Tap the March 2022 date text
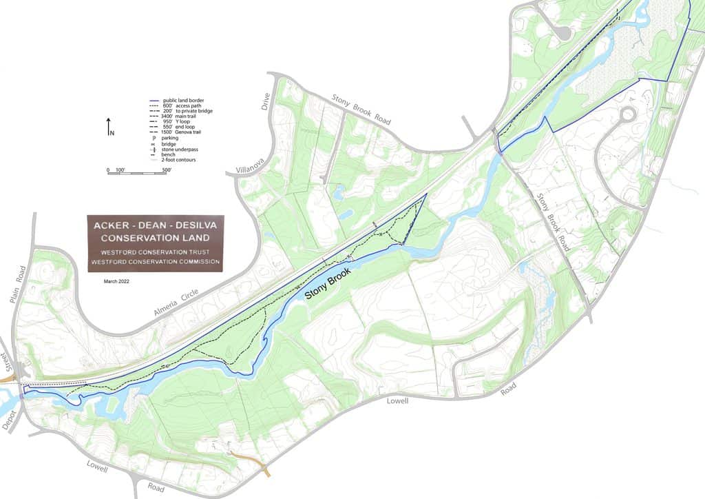point(116,281)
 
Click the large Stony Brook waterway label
point(328,283)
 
